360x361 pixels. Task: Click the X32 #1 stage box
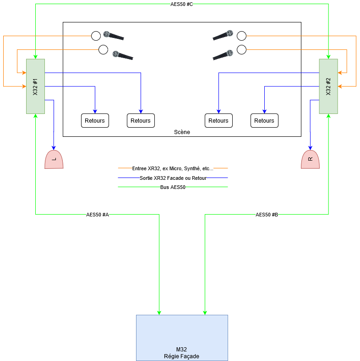(35, 86)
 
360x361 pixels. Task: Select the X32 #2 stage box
(328, 86)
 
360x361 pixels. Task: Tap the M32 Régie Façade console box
(182, 338)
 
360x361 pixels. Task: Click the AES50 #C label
(182, 4)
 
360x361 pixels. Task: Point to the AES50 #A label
(98, 215)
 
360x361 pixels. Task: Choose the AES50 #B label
(267, 215)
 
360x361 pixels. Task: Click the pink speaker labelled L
(54, 160)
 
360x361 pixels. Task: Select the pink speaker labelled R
(310, 160)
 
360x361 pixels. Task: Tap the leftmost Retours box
(95, 120)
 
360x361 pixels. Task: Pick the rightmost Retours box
(264, 120)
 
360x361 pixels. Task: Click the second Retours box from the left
(141, 120)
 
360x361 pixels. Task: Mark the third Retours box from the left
(218, 120)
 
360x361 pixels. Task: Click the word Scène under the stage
(182, 132)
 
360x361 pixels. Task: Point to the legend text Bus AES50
(173, 187)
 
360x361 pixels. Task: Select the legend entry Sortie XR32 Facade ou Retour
(173, 178)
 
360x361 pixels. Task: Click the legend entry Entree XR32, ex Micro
(173, 168)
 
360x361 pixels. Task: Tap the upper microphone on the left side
(114, 36)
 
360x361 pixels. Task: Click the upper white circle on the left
(96, 36)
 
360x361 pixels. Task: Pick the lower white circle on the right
(241, 49)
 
